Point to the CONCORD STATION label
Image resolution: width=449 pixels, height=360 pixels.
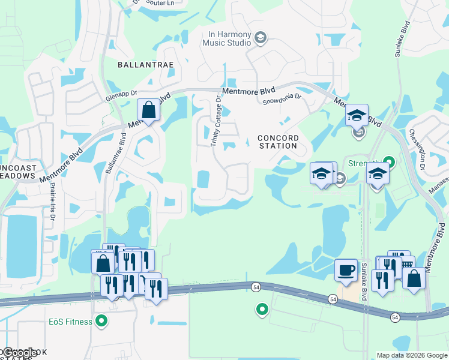[x=277, y=142]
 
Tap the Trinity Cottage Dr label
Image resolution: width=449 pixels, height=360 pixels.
[x=215, y=125]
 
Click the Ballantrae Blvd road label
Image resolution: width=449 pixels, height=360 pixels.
[x=115, y=155]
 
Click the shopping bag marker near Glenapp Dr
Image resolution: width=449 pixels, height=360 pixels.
[x=148, y=111]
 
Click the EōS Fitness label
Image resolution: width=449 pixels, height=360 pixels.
[x=71, y=322]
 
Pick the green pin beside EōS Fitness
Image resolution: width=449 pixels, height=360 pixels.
[x=101, y=322]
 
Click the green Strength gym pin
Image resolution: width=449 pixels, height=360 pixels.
[x=389, y=161]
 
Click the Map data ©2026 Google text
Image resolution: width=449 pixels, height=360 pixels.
[x=411, y=355]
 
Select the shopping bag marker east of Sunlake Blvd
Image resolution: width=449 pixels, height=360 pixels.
[x=414, y=278]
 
